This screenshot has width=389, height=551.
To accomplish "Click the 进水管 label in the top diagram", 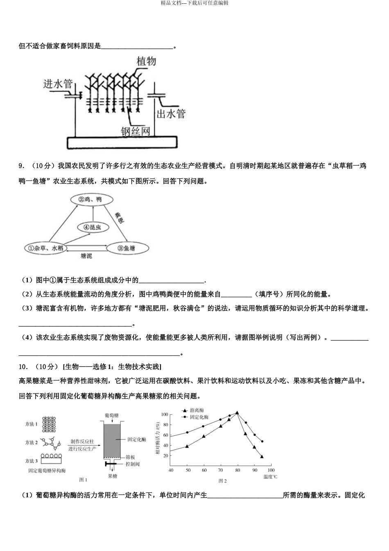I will [58, 84].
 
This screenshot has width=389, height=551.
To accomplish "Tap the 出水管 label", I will [170, 114].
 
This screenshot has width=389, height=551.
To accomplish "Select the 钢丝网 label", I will [135, 131].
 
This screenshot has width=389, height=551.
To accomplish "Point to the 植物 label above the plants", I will [146, 61].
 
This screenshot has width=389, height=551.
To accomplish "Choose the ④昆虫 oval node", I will [93, 227].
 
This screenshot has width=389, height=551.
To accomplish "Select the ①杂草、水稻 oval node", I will [46, 248].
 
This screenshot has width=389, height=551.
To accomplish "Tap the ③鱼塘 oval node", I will [127, 248].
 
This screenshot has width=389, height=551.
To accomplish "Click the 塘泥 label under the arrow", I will [86, 256].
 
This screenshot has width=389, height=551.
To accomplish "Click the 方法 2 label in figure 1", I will [32, 442].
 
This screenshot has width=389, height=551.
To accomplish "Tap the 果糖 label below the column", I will [112, 476].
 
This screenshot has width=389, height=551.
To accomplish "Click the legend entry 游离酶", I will [197, 410].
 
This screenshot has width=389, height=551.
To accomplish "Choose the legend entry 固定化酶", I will [199, 417].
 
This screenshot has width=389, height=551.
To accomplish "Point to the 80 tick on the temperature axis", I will [237, 470].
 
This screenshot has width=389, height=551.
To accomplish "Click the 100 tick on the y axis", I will [165, 414].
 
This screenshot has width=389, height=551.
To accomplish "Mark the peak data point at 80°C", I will [237, 412].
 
